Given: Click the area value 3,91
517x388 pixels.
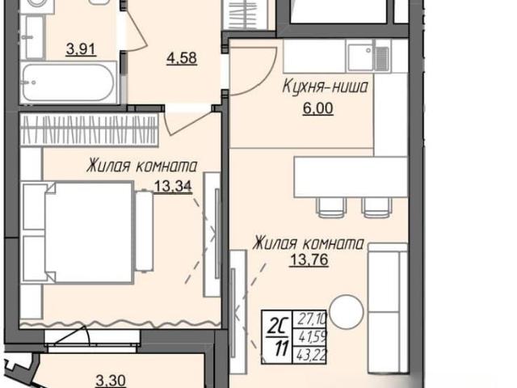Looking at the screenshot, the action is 81,49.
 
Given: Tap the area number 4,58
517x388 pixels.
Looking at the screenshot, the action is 182,58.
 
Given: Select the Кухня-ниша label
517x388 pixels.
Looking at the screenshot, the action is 325,87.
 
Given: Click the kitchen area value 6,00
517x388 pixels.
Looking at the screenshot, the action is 317,108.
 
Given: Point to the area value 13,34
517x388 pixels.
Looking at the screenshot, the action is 173,187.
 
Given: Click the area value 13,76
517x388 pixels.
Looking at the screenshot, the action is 309,260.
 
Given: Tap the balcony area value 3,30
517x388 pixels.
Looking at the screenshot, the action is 111,381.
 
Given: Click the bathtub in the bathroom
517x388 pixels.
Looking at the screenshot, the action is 68,82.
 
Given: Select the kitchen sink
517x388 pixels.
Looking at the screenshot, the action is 369,55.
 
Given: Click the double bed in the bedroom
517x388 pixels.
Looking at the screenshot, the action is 78,232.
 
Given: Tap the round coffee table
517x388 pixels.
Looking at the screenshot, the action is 347,312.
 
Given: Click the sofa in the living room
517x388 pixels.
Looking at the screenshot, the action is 388,309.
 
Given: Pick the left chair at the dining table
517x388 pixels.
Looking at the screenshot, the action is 332,207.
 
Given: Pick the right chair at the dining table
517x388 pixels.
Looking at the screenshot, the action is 377,207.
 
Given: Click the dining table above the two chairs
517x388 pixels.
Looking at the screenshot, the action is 351,177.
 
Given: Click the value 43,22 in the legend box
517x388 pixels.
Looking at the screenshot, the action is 311,356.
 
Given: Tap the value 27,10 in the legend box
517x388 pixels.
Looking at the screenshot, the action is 312,318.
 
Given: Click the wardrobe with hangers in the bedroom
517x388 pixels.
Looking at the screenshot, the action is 89,129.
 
